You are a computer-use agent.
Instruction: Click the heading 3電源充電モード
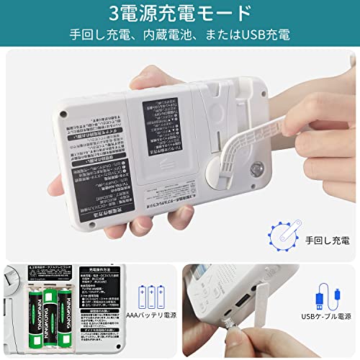(x=180, y=12)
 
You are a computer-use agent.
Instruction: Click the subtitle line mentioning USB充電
(x=179, y=33)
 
